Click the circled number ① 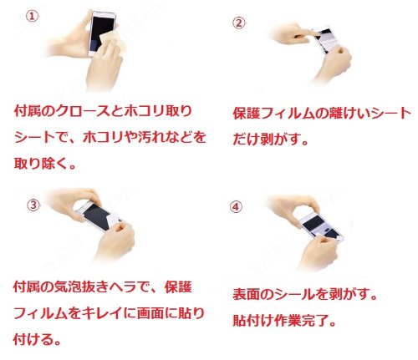tap(33, 17)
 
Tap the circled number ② tap(239, 23)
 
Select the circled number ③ tap(33, 205)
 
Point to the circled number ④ tap(236, 207)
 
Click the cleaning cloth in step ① tap(113, 41)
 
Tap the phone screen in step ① tap(101, 32)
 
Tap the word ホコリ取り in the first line tap(158, 111)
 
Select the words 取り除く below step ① tap(41, 163)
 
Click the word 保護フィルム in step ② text tap(274, 114)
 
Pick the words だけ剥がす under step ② tap(267, 139)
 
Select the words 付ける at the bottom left tap(33, 339)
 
